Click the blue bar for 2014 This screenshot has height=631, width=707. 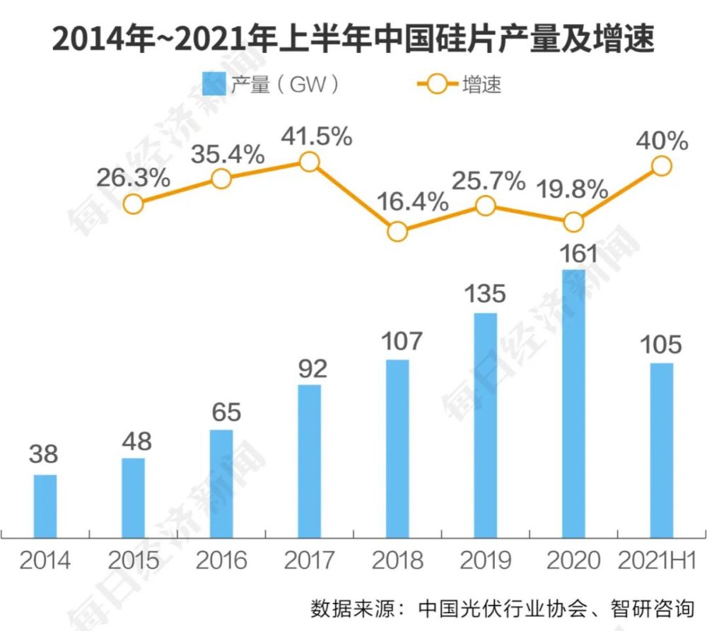pyautogui.click(x=45, y=506)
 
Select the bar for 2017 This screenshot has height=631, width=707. pyautogui.click(x=309, y=461)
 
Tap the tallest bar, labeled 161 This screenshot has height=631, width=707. pyautogui.click(x=573, y=403)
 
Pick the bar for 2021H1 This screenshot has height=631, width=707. pyautogui.click(x=661, y=450)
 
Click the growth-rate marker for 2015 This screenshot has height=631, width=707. pyautogui.click(x=133, y=204)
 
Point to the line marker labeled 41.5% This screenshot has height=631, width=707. pyautogui.click(x=309, y=162)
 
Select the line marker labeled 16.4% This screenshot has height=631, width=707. pyautogui.click(x=397, y=231)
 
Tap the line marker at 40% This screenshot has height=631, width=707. pyautogui.click(x=661, y=165)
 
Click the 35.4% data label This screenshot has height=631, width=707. pyautogui.click(x=228, y=153)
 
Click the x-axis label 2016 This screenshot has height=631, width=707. pyautogui.click(x=221, y=561)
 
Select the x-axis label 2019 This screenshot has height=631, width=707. pyautogui.click(x=485, y=561)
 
